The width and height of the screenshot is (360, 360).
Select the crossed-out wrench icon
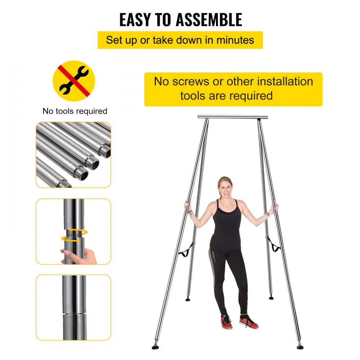click(74, 81)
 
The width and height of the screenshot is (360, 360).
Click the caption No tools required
click(75, 111)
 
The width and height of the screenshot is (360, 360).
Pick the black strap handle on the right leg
click(274, 247)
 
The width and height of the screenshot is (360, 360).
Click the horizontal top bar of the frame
click(233, 117)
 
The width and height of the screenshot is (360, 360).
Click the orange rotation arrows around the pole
click(74, 234)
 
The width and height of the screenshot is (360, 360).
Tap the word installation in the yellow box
click(285, 81)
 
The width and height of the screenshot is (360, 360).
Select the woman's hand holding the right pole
click(276, 207)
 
